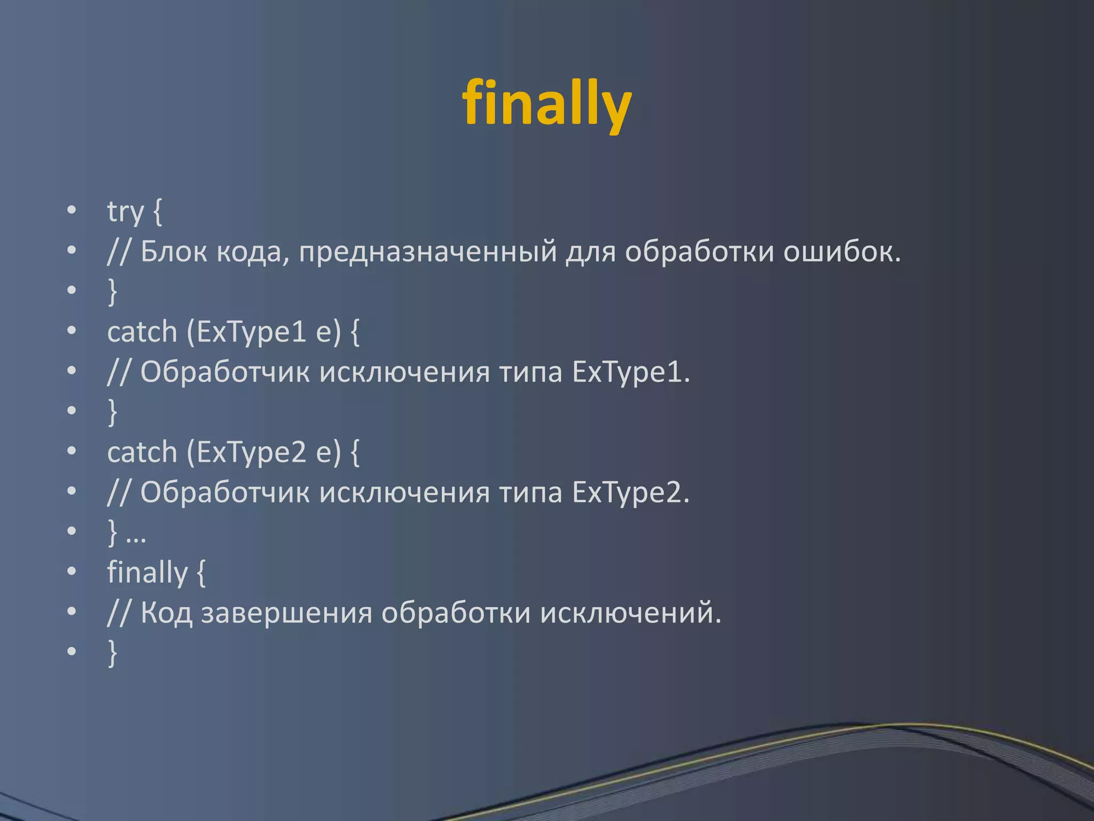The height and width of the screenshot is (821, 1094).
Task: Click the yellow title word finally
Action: [546, 103]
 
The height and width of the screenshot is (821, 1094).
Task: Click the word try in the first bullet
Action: [126, 212]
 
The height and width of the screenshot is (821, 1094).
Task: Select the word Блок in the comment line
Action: [173, 251]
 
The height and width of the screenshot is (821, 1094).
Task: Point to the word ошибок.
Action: [841, 251]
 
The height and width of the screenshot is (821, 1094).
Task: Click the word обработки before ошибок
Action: [699, 251]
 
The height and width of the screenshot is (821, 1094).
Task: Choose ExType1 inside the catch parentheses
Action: [251, 332]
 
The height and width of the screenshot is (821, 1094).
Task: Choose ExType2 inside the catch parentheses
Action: [251, 453]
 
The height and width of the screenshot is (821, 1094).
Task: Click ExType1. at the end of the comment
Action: [631, 373]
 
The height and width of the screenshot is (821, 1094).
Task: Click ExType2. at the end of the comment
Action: [631, 493]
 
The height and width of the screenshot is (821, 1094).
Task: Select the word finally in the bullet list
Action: [147, 572]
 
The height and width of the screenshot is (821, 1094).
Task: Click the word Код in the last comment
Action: [166, 613]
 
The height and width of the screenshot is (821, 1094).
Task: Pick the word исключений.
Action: [630, 613]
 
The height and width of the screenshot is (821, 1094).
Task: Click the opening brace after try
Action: [157, 212]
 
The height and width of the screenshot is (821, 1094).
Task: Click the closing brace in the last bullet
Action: [112, 653]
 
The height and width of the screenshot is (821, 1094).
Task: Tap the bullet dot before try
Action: [72, 211]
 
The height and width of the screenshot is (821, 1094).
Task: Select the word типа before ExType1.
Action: [530, 373]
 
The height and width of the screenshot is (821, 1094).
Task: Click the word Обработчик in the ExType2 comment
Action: [225, 493]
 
